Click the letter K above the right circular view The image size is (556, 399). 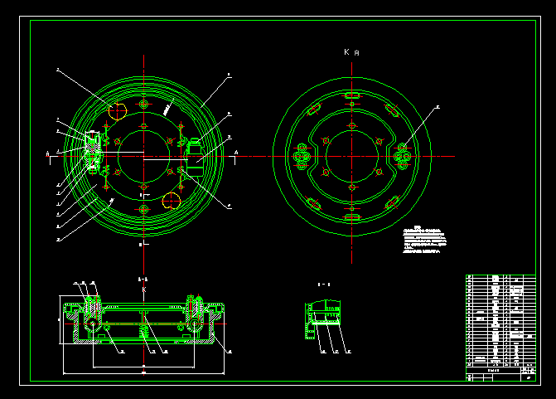pyautogui.click(x=346, y=52)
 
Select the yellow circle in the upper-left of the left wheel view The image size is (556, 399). pyautogui.click(x=117, y=110)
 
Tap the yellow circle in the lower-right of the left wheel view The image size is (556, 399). pyautogui.click(x=172, y=199)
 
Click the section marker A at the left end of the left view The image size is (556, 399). pyautogui.click(x=47, y=153)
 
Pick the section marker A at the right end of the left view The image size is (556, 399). pyautogui.click(x=236, y=153)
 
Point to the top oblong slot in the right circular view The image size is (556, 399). pyautogui.click(x=352, y=97)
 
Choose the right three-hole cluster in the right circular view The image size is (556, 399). pyautogui.click(x=404, y=156)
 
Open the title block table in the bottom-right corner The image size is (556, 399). pyautogui.click(x=500, y=327)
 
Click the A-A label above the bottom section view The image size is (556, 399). pyautogui.click(x=142, y=280)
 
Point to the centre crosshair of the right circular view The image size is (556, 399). pyautogui.click(x=352, y=156)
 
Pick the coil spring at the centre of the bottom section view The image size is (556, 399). pyautogui.click(x=143, y=332)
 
